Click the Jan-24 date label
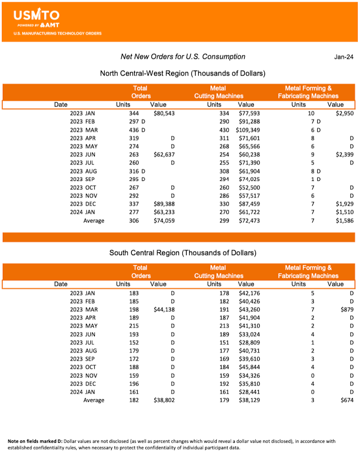[343, 57]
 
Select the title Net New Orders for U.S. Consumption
[183, 57]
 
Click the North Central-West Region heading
[182, 73]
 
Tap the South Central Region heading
[183, 252]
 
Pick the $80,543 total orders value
[164, 113]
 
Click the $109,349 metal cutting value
[247, 130]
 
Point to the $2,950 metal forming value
[345, 113]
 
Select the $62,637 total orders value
[164, 155]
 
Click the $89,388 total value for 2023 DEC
[164, 204]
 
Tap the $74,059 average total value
[164, 221]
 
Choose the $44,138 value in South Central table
[164, 310]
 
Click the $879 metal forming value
[347, 310]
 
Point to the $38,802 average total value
[164, 400]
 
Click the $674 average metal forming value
[347, 400]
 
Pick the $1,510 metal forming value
[345, 212]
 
